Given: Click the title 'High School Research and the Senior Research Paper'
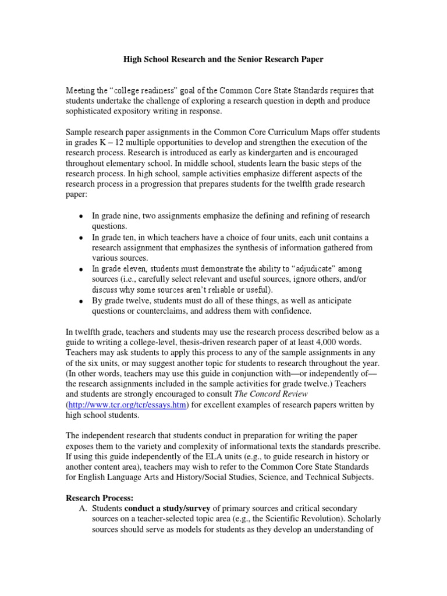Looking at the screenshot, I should point(223,59).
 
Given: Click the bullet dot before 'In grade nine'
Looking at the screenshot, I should point(81,217).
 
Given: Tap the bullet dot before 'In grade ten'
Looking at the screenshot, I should point(81,238).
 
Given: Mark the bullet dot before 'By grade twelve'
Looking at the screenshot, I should point(81,301).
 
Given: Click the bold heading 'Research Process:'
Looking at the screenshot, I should point(100,498).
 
